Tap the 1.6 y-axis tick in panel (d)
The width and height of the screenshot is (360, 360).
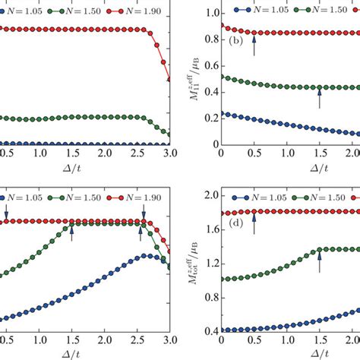pos(206,229)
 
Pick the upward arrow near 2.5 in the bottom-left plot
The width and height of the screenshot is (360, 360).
pos(141,234)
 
